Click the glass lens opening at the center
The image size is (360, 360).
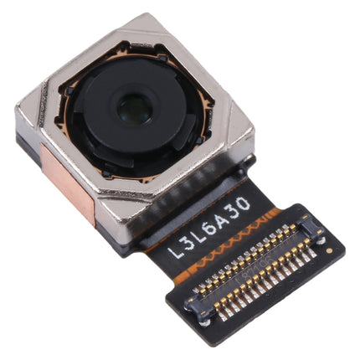tap(134, 106)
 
